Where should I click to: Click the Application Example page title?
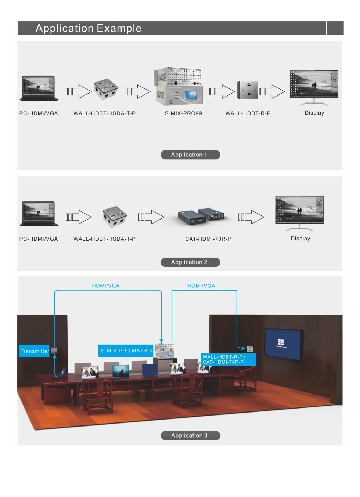[89, 28]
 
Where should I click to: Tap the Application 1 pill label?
[190, 155]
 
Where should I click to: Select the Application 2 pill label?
[190, 262]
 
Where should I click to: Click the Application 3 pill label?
[190, 435]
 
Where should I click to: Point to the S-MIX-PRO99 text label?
[183, 113]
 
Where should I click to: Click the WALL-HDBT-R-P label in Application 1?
[248, 113]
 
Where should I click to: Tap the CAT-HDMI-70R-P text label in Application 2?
[208, 239]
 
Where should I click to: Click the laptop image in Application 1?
[39, 88]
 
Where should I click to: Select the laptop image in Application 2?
[39, 213]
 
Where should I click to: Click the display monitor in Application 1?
[314, 87]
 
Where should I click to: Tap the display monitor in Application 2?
[300, 212]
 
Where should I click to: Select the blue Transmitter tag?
[34, 351]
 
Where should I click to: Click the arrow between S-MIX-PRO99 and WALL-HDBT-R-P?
[222, 92]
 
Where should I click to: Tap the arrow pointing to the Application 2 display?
[251, 217]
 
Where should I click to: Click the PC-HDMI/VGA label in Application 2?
[39, 239]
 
